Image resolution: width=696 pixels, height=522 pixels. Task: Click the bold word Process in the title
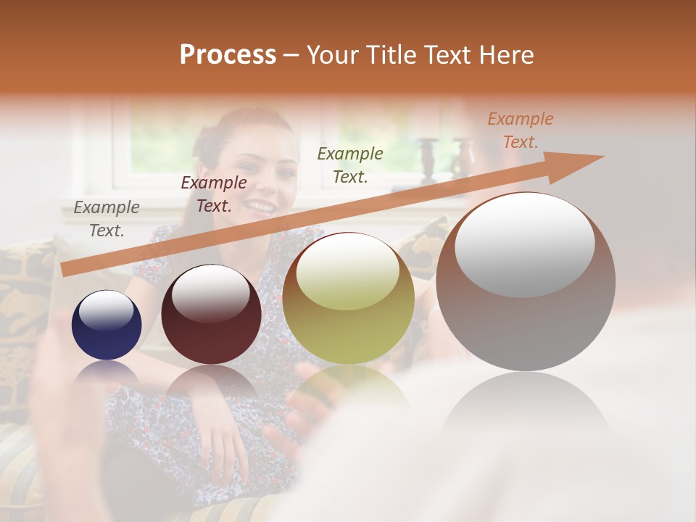(x=228, y=55)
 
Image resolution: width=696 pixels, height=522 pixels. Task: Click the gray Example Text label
(x=107, y=219)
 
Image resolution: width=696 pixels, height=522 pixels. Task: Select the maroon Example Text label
(x=214, y=194)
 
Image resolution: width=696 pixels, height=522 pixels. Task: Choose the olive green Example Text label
(x=350, y=165)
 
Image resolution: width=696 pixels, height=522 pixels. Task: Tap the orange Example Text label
(x=521, y=130)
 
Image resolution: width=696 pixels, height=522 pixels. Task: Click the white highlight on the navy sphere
(x=106, y=310)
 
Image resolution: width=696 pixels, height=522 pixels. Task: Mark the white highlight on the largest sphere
(x=524, y=245)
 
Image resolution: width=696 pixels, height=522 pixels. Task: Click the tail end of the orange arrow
(x=67, y=270)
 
